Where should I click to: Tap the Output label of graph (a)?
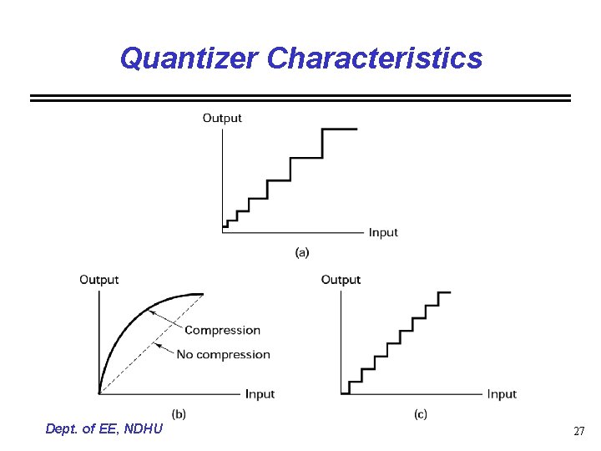(x=222, y=118)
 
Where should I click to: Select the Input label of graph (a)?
(x=383, y=232)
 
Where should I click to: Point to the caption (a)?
(x=302, y=251)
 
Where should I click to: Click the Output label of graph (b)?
(x=98, y=280)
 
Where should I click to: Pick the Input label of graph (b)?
(x=260, y=393)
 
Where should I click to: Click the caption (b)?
(x=179, y=413)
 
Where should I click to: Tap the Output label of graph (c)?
(x=341, y=280)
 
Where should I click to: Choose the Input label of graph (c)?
(x=502, y=393)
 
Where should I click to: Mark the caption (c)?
(x=421, y=413)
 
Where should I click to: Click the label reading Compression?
(x=222, y=331)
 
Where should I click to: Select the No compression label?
(x=223, y=354)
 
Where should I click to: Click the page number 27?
(x=578, y=432)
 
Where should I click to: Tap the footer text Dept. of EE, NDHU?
(x=105, y=429)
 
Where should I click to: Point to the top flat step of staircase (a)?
(x=340, y=129)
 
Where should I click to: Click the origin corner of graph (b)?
(x=99, y=393)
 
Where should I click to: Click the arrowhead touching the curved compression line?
(x=151, y=312)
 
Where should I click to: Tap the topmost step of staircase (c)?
(x=444, y=292)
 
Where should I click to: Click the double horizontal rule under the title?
(x=300, y=98)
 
